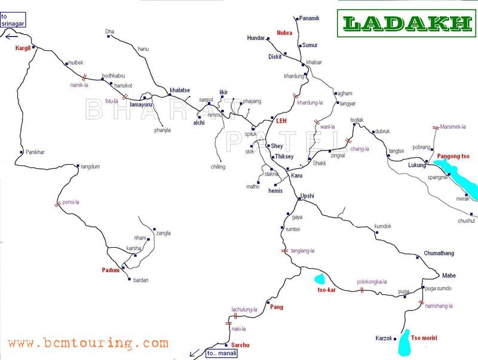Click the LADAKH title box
pyautogui.click(x=408, y=23)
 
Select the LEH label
pyautogui.click(x=281, y=121)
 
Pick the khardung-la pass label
pyautogui.click(x=310, y=103)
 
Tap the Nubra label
pyautogui.click(x=284, y=33)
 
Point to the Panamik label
pyautogui.click(x=310, y=19)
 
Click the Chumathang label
pyautogui.click(x=439, y=253)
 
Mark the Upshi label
pyautogui.click(x=307, y=196)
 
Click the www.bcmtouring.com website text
pyautogui.click(x=88, y=343)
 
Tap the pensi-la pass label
pyautogui.click(x=71, y=202)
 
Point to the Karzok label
pyautogui.click(x=383, y=339)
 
